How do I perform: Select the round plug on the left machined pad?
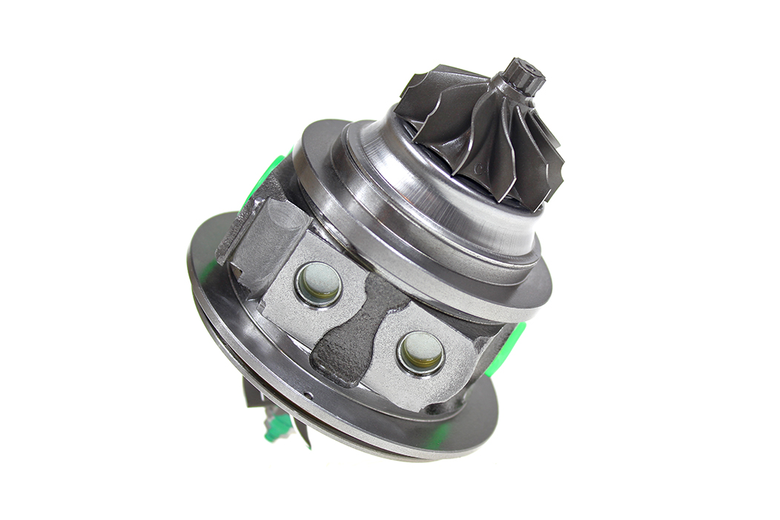click(x=319, y=283)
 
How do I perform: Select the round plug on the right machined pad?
click(x=421, y=352)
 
